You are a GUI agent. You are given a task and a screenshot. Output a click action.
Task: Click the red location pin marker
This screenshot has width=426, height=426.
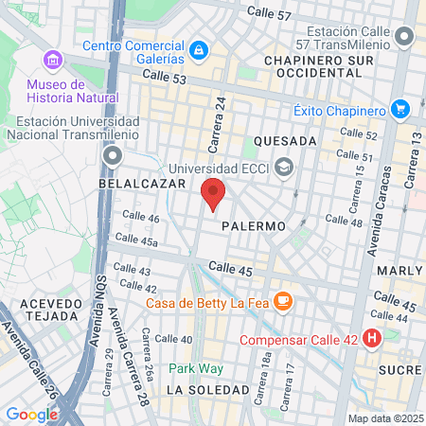[x=213, y=194]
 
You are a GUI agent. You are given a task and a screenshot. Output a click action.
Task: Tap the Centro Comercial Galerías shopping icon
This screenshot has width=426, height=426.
[x=199, y=49]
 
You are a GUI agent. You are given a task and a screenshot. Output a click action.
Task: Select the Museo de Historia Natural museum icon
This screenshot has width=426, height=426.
[x=53, y=62]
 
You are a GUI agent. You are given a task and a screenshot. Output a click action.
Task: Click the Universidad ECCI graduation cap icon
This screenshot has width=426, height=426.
[x=283, y=168]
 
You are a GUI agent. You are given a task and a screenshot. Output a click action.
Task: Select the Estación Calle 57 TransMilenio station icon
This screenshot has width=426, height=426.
[x=406, y=37]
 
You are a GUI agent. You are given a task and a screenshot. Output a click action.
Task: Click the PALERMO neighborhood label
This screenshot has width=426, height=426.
[x=253, y=227]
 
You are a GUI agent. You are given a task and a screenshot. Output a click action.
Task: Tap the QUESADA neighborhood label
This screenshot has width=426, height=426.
[x=278, y=141]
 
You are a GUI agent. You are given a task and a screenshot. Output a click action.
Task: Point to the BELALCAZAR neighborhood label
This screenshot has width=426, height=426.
[x=137, y=184]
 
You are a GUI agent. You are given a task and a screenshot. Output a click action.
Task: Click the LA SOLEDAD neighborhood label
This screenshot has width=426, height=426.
[x=204, y=390]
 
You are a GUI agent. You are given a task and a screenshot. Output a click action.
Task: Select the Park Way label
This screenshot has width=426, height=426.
[x=189, y=368]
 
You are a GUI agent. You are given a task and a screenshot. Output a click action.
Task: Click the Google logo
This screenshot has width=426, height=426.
[x=32, y=414]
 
